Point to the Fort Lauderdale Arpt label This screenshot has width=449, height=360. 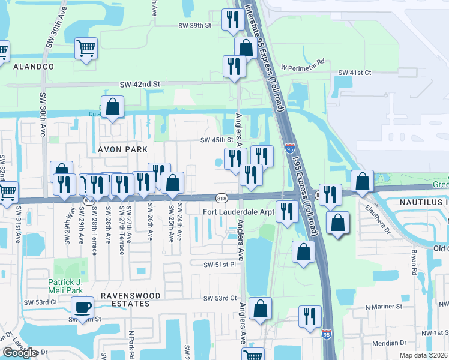pyautogui.click(x=238, y=212)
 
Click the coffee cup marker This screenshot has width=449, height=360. pyautogui.click(x=83, y=308)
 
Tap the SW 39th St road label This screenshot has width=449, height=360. pyautogui.click(x=195, y=25)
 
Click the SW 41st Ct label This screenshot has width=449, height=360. pyautogui.click(x=355, y=73)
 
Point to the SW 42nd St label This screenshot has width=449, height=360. pyautogui.click(x=140, y=85)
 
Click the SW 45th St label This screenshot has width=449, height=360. pyautogui.click(x=215, y=140)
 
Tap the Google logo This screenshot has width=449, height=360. pyautogui.click(x=20, y=353)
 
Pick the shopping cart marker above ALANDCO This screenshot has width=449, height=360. pyautogui.click(x=86, y=47)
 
